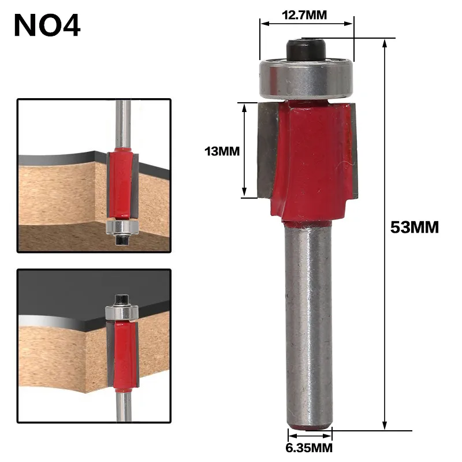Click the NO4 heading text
[47, 25]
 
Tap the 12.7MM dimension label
[304, 15]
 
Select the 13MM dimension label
[222, 151]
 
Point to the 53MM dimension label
[415, 227]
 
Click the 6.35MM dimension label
[309, 448]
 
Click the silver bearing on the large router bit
[306, 77]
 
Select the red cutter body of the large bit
[311, 161]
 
